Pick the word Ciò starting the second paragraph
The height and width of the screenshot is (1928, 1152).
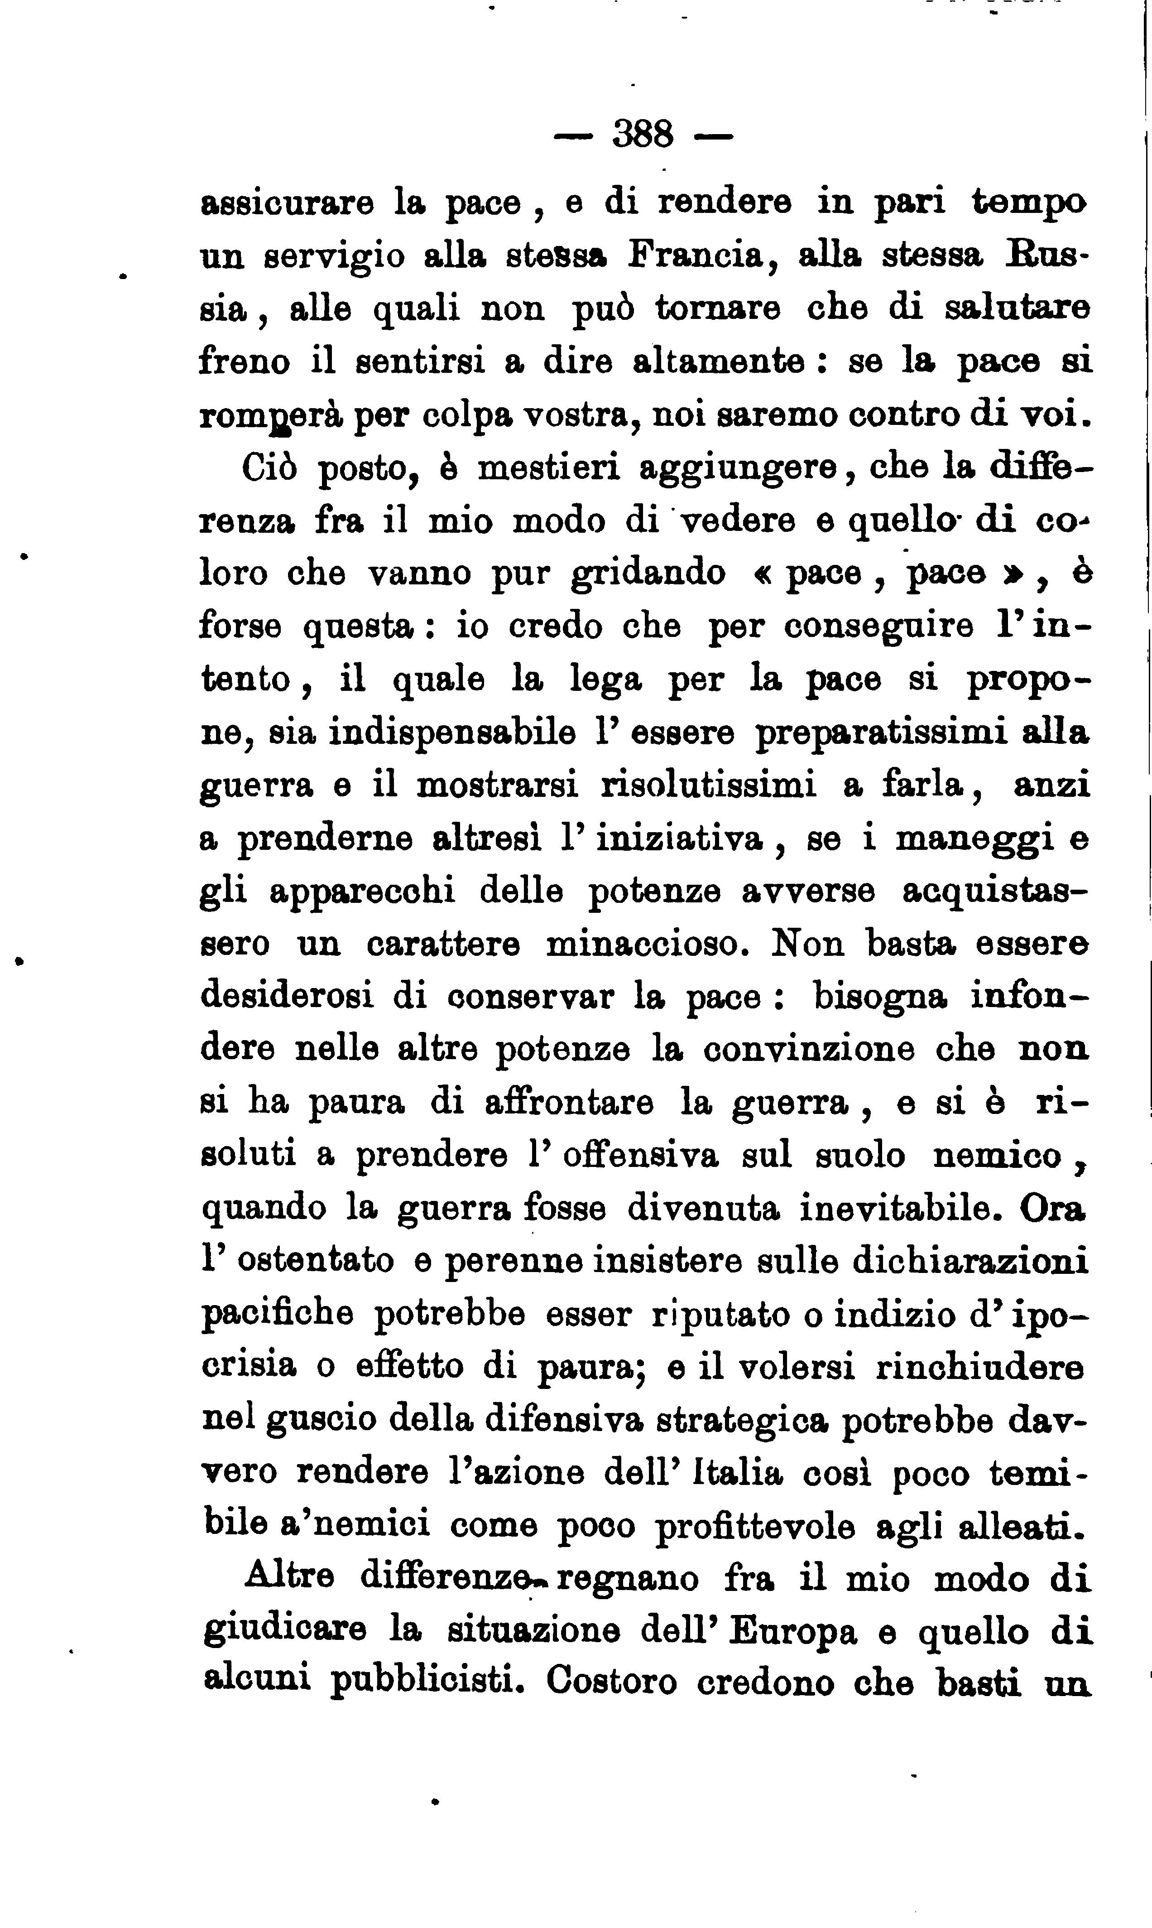click(270, 468)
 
